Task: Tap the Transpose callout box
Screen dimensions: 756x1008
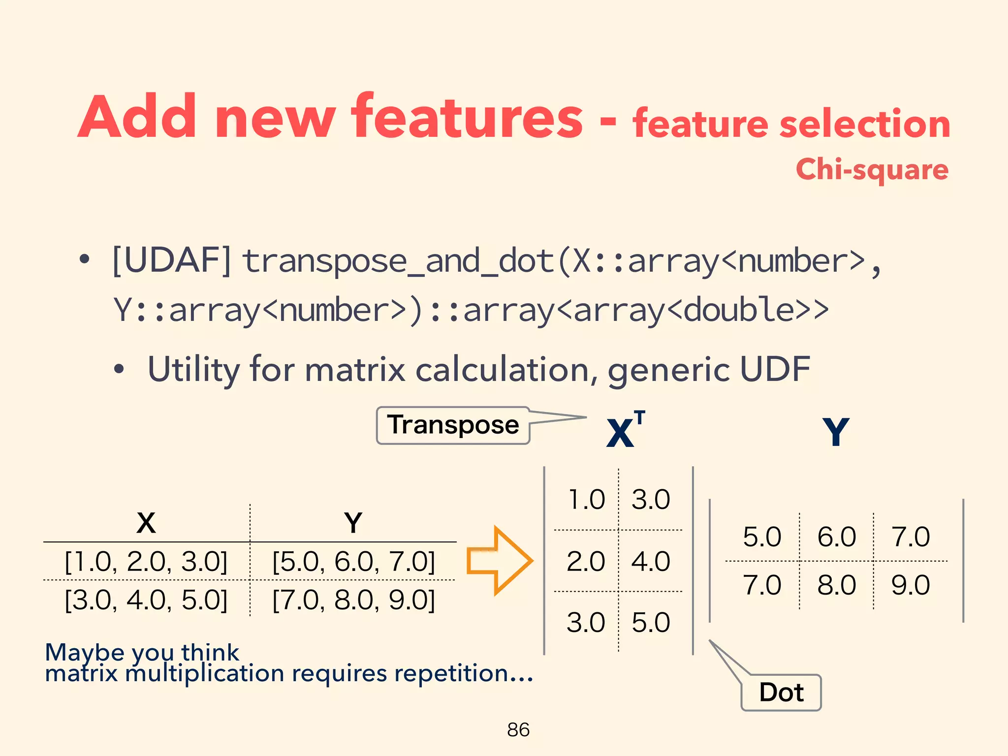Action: [453, 425]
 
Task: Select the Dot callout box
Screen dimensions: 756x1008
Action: [781, 693]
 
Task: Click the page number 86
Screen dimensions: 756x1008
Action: [518, 729]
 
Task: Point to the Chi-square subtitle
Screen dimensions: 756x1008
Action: [872, 170]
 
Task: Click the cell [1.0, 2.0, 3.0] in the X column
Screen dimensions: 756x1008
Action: [146, 562]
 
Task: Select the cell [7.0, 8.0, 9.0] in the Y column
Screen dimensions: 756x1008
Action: [353, 600]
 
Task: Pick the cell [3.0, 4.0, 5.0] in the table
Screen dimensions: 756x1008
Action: [146, 600]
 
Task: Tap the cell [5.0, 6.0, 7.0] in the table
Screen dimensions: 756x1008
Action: [353, 562]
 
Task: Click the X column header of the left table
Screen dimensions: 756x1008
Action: [146, 523]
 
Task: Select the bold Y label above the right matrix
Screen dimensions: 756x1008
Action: [836, 432]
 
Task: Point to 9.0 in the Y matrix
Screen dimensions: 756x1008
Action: [911, 585]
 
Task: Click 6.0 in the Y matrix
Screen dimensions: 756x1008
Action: [837, 536]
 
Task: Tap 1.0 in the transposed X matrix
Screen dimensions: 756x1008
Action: [586, 500]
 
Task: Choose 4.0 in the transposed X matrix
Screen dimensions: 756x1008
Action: [651, 562]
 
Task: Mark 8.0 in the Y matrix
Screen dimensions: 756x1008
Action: [837, 585]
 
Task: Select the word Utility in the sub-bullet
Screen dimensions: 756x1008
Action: [194, 369]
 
